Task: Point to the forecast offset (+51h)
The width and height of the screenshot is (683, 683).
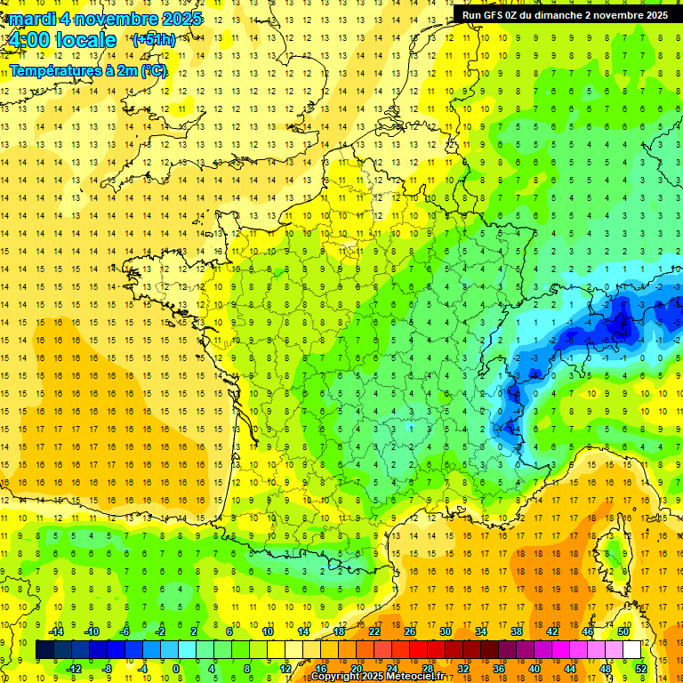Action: point(153,40)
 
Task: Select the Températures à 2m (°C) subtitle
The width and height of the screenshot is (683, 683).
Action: point(88,70)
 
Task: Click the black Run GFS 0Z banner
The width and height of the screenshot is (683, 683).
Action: point(566,14)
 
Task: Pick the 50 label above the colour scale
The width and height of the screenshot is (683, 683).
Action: point(623,631)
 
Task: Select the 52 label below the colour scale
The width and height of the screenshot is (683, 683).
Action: point(641,668)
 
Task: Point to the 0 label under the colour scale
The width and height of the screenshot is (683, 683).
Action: point(175,668)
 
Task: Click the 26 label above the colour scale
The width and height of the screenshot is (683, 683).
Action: point(410,631)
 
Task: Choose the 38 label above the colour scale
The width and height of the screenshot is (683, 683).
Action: point(517,631)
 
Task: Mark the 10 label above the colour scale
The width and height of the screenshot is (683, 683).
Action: point(268,631)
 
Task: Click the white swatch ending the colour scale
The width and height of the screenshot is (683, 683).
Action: point(632,650)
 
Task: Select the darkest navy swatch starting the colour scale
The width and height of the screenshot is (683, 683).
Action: point(44,650)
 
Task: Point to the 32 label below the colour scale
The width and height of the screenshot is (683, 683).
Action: point(463,668)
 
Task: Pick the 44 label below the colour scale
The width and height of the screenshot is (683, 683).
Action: point(570,668)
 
